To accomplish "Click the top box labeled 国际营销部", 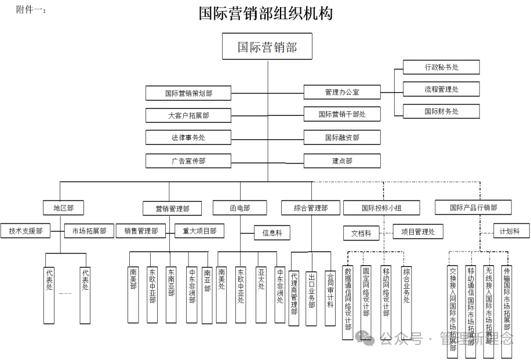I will [x=267, y=46].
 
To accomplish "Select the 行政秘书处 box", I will [x=441, y=67].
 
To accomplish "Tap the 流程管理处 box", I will [x=441, y=89].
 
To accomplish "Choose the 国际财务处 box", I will [x=441, y=111].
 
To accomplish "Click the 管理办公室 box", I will [x=343, y=92].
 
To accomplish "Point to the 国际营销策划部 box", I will [x=188, y=93].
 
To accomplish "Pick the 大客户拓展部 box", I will [x=188, y=115].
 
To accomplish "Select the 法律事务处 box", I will [x=188, y=137].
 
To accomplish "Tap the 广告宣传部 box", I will [x=188, y=161].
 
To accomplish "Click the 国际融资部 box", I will [x=343, y=137].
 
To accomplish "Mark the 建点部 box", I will [x=343, y=161].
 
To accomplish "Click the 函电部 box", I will [x=240, y=208].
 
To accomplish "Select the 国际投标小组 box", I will [x=381, y=208].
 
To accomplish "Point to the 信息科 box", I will [x=272, y=232].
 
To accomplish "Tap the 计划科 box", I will [x=510, y=231].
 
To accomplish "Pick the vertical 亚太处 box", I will [x=261, y=286].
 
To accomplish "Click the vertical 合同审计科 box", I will [x=330, y=288].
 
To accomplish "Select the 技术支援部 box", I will [x=26, y=231].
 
